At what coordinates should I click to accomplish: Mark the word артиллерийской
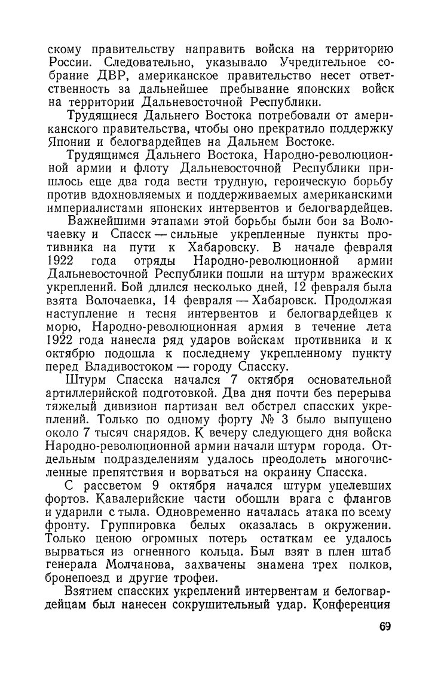tap(97, 393)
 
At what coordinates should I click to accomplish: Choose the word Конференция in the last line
tap(356, 606)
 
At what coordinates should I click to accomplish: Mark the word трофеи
tap(182, 580)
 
